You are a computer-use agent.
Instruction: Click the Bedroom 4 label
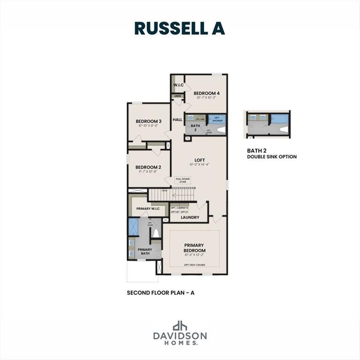[x=207, y=93]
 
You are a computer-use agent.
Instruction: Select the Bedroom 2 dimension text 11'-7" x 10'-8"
[x=148, y=172]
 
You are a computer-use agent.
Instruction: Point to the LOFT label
[x=200, y=160]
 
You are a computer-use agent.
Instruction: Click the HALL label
[x=177, y=120]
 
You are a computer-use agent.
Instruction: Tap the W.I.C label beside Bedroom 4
[x=178, y=85]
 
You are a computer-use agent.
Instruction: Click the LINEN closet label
[x=177, y=96]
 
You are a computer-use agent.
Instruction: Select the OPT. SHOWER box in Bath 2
[x=217, y=119]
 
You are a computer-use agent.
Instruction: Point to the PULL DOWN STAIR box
[x=182, y=180]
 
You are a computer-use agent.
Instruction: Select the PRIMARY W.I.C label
[x=148, y=209]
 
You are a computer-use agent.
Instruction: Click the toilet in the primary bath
[x=156, y=232]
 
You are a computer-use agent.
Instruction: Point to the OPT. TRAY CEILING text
[x=195, y=265]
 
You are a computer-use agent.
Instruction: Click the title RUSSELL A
[x=180, y=28]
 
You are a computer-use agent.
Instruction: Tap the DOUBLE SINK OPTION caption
[x=272, y=157]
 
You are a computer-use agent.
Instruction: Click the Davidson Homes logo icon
[x=180, y=326]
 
